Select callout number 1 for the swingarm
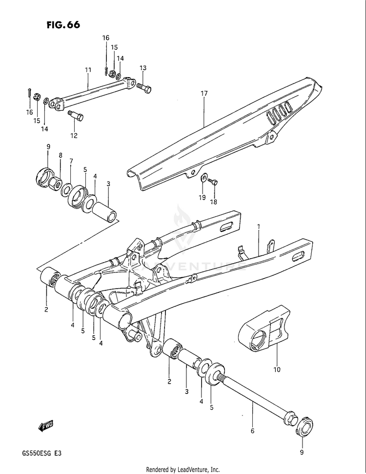(259, 227)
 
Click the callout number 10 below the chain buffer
(277, 370)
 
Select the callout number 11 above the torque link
(88, 70)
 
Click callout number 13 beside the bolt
(143, 68)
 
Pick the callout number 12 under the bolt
(74, 136)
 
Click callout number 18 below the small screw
(214, 201)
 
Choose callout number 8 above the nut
(61, 156)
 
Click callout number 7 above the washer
(71, 161)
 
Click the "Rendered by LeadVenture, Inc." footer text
(183, 470)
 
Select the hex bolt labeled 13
(143, 88)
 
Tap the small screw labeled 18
(213, 182)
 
